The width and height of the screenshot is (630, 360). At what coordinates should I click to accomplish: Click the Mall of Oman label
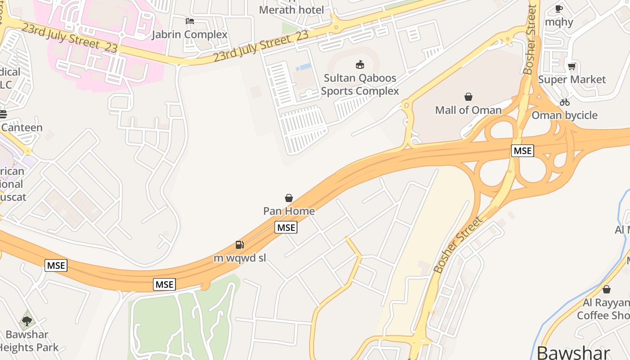pyautogui.click(x=468, y=110)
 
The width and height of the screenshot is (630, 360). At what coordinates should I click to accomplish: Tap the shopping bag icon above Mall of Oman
pyautogui.click(x=468, y=97)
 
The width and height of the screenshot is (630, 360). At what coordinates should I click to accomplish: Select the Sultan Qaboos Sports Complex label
pyautogui.click(x=360, y=85)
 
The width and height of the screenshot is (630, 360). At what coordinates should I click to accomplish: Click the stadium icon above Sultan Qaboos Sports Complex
pyautogui.click(x=360, y=65)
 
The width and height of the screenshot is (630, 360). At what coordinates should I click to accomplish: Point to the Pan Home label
pyautogui.click(x=289, y=211)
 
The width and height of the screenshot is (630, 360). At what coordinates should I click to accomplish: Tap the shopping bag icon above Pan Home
pyautogui.click(x=289, y=198)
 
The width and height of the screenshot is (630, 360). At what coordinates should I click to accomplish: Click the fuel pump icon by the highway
pyautogui.click(x=240, y=245)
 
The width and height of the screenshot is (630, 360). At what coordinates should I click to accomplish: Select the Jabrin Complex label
pyautogui.click(x=189, y=35)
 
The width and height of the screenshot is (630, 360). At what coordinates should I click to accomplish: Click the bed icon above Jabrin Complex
pyautogui.click(x=190, y=21)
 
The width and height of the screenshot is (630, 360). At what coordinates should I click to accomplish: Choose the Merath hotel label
pyautogui.click(x=292, y=10)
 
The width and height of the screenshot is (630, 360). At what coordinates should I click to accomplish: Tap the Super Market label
pyautogui.click(x=572, y=80)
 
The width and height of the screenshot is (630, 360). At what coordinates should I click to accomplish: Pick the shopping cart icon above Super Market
pyautogui.click(x=571, y=67)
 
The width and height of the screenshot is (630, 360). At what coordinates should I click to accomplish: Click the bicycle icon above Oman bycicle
pyautogui.click(x=565, y=102)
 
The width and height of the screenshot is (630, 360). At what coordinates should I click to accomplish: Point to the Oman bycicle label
pyautogui.click(x=564, y=115)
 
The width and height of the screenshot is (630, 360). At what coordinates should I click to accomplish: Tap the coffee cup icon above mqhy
pyautogui.click(x=559, y=9)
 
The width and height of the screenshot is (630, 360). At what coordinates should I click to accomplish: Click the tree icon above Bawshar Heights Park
pyautogui.click(x=27, y=321)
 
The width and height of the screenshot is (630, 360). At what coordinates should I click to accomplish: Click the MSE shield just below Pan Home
pyautogui.click(x=286, y=228)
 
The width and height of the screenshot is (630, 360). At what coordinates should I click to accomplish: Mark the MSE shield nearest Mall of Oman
pyautogui.click(x=522, y=151)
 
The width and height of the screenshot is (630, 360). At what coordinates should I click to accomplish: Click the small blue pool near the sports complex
pyautogui.click(x=304, y=67)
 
